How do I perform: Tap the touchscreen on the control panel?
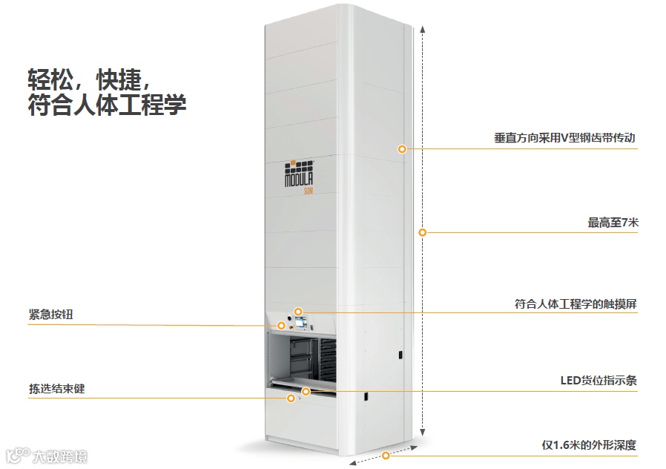302,324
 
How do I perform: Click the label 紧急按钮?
51,315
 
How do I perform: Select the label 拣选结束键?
57,388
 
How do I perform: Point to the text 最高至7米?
612,222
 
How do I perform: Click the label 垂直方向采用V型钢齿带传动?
565,138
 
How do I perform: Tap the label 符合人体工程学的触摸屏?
576,304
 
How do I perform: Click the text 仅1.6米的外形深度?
589,445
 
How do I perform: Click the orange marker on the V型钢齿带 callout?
402,148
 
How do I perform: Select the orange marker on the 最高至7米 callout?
422,232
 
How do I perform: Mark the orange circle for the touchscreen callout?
298,312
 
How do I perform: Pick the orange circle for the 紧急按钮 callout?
282,325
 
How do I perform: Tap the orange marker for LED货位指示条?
306,390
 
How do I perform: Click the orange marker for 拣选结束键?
291,398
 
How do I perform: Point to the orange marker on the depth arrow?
386,455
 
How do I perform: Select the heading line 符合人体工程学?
106,103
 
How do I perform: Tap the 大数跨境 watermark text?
59,456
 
